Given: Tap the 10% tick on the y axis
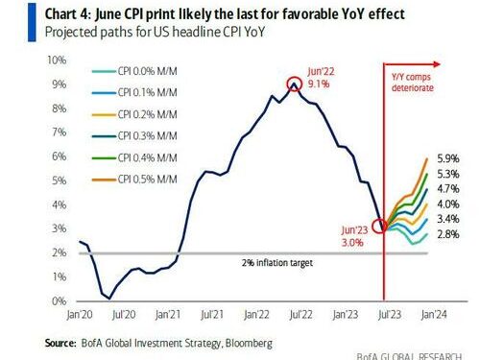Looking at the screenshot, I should click(x=57, y=60).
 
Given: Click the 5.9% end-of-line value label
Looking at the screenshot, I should click(x=448, y=157).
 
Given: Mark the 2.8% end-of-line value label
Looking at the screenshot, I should click(x=448, y=235).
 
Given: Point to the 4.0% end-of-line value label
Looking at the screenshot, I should click(x=448, y=204).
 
